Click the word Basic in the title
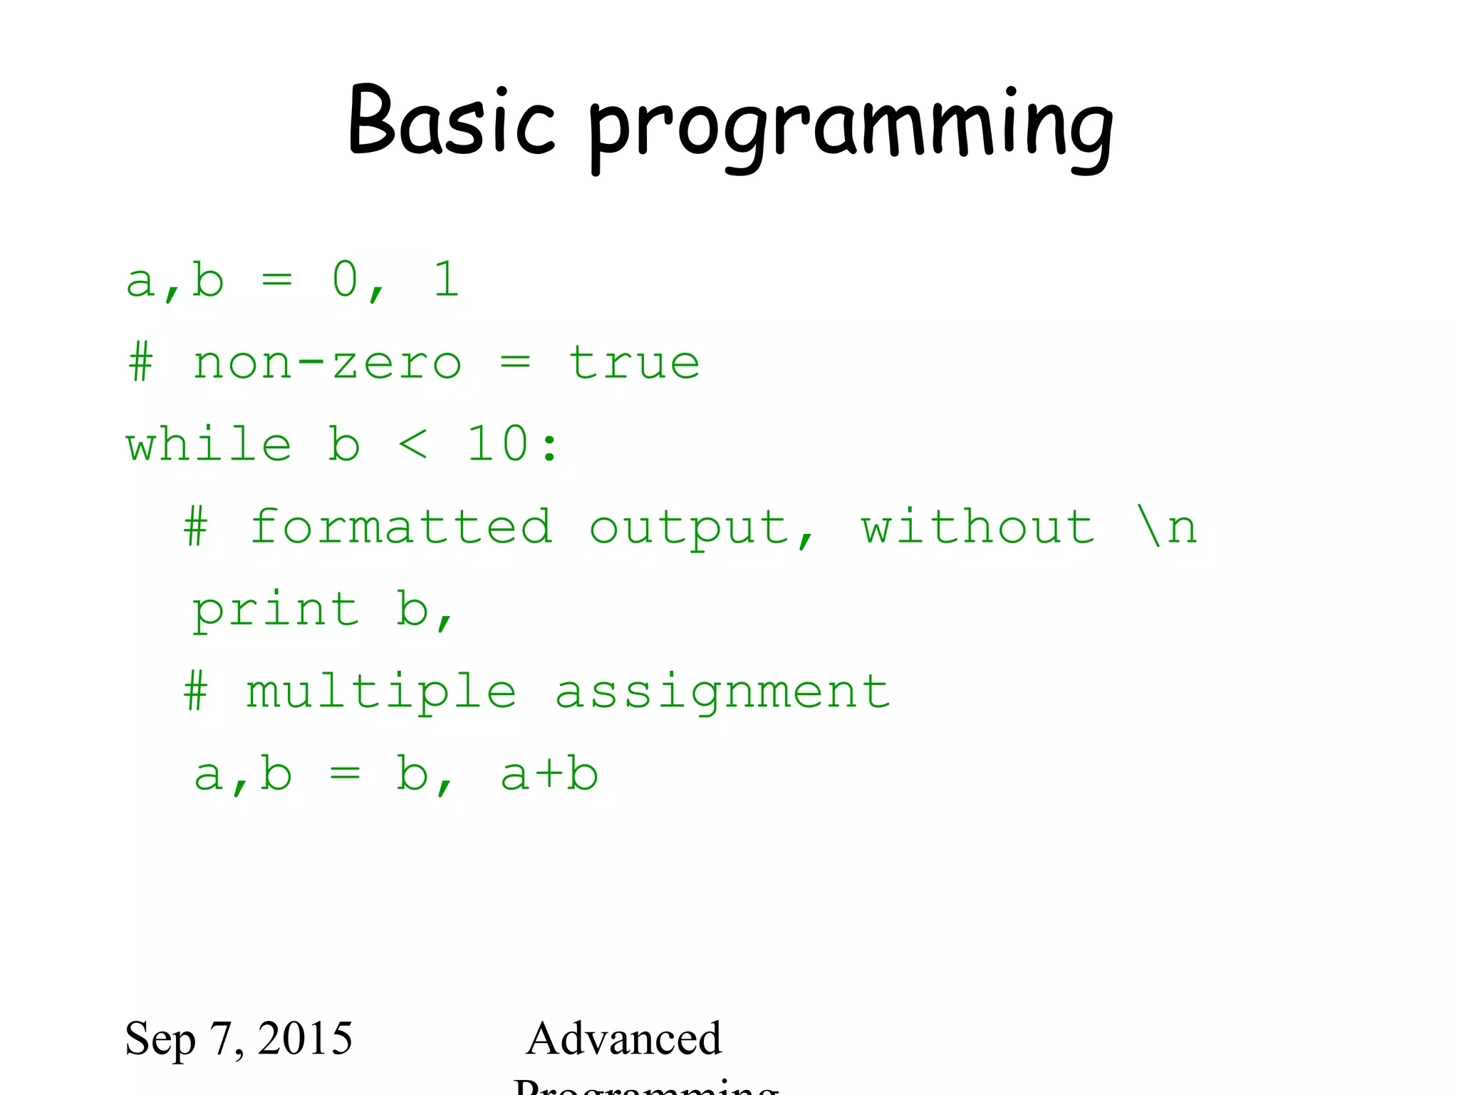pos(450,121)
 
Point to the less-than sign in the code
pos(413,445)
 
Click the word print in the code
pos(276,611)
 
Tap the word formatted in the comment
pos(401,528)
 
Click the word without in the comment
pos(977,528)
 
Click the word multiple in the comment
pos(381,693)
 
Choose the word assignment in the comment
pos(722,693)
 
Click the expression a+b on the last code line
pos(549,775)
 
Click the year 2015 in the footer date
pos(305,1039)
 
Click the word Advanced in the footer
pos(623,1039)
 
